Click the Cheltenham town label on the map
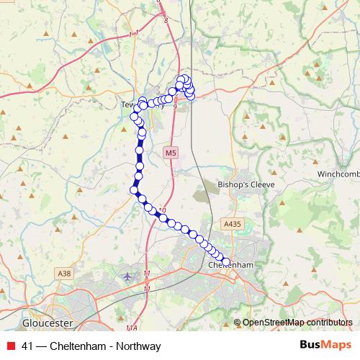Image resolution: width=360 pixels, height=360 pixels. click(x=231, y=265)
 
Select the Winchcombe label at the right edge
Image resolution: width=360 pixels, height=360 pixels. click(x=339, y=174)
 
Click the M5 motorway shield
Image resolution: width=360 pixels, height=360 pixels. click(x=169, y=153)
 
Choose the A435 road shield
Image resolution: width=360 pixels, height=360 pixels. click(x=231, y=225)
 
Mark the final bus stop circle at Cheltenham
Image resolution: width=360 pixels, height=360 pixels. click(x=226, y=262)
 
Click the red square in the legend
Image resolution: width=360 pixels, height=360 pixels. click(x=10, y=346)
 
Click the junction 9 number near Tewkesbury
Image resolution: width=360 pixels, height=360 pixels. click(x=175, y=105)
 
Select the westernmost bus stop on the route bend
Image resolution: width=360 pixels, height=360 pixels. click(x=133, y=190)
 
